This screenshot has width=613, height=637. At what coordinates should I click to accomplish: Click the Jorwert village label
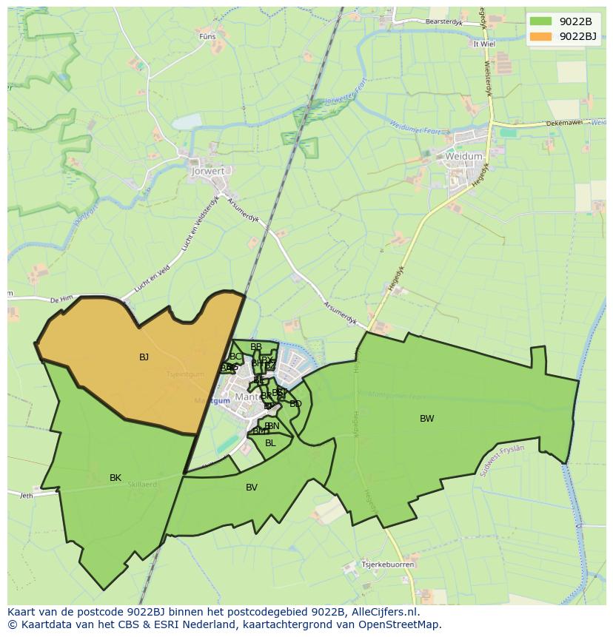[208, 171]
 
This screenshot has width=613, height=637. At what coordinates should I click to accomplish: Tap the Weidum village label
[464, 157]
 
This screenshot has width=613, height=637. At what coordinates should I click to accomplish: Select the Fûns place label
[207, 36]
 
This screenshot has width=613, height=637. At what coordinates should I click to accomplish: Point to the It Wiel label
[483, 44]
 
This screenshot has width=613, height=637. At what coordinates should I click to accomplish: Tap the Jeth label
[27, 496]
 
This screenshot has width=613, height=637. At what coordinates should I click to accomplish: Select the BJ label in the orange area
[144, 357]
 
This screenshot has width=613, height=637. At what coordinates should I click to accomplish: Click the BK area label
[115, 478]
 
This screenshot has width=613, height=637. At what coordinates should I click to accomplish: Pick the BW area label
[427, 419]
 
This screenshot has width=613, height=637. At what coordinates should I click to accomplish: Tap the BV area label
[252, 488]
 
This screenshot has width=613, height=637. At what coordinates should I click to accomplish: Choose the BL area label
[270, 443]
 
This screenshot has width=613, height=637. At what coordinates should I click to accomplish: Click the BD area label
[295, 404]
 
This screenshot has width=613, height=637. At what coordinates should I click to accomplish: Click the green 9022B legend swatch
[541, 22]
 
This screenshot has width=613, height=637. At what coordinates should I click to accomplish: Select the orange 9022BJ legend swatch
[541, 36]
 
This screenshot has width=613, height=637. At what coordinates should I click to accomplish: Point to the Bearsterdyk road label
[443, 22]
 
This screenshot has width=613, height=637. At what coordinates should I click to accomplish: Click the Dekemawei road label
[563, 124]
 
